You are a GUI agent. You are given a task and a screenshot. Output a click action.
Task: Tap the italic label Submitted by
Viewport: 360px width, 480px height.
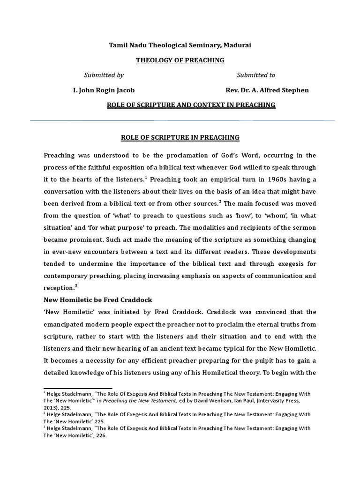coord(104,75)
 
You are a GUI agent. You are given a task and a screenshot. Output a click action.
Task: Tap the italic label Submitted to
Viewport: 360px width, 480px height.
coord(255,75)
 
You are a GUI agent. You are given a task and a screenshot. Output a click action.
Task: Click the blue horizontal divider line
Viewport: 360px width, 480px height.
coord(183,120)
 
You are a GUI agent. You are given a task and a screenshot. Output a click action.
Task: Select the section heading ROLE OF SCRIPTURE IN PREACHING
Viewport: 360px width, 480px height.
coord(180,137)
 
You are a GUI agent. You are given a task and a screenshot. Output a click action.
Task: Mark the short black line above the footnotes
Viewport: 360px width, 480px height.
coord(77,388)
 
